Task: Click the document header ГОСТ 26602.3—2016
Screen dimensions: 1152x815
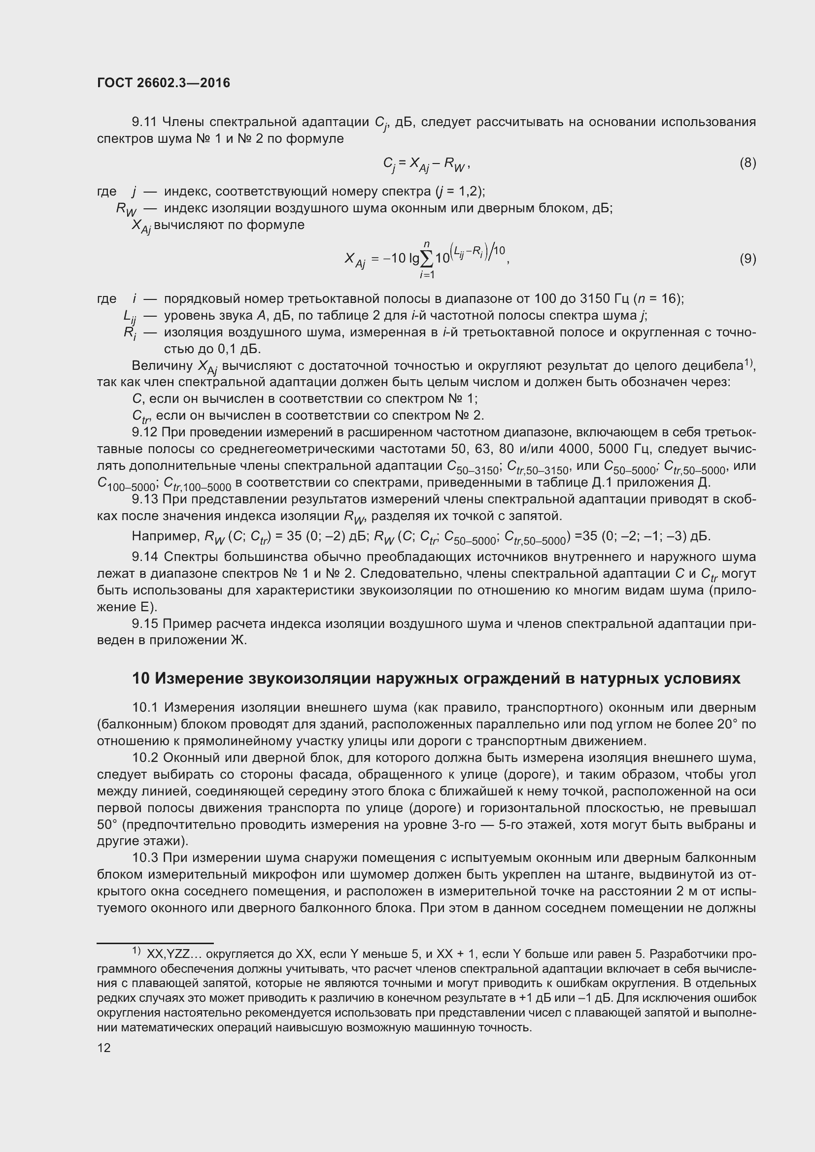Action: [x=164, y=83]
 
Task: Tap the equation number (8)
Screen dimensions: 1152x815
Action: [x=747, y=163]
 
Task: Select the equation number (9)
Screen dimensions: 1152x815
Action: [x=747, y=259]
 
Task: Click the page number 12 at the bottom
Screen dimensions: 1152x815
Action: [x=104, y=1048]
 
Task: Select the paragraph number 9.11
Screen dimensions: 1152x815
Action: [x=144, y=122]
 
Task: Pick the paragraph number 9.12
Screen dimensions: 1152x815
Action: [x=144, y=432]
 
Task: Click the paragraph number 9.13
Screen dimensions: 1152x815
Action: [x=144, y=499]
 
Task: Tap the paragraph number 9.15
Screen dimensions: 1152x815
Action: [x=144, y=624]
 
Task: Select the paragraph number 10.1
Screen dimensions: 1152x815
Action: [x=145, y=707]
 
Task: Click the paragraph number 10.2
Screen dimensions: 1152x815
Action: [x=145, y=757]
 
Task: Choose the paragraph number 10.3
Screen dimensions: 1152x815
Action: [x=145, y=858]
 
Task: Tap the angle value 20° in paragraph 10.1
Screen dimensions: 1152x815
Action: [x=730, y=724]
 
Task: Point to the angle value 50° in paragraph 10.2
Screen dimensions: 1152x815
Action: [x=106, y=825]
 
